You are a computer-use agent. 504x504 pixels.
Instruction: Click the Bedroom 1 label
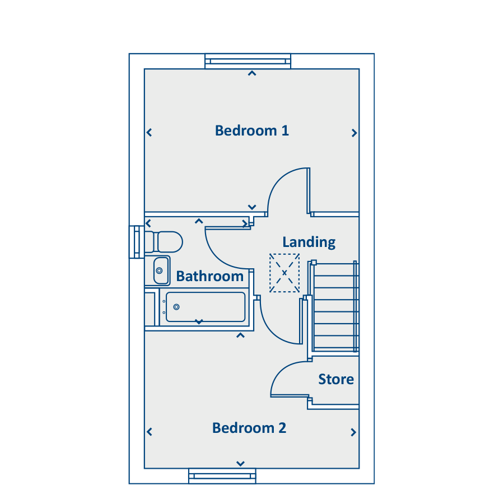coord(251,131)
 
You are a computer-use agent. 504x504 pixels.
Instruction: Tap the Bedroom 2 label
coord(249,428)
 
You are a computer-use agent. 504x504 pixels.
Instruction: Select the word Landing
coord(309,242)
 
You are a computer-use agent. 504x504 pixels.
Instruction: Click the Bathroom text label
coord(209,277)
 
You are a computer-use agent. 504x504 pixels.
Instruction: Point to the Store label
coord(336,379)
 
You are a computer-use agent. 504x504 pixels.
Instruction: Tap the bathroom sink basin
coord(161,270)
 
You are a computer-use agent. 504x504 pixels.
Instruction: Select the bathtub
coord(206,307)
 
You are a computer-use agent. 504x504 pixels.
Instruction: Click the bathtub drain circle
coord(176,307)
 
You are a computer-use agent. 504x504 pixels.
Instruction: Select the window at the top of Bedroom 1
coord(248,61)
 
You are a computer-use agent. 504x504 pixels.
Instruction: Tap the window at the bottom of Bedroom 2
coord(222,476)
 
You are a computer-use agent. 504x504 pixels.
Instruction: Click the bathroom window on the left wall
coord(137,242)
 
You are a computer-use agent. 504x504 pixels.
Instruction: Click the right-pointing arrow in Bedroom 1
coord(354,133)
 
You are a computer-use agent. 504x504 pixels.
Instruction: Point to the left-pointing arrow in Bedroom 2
coord(149,432)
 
